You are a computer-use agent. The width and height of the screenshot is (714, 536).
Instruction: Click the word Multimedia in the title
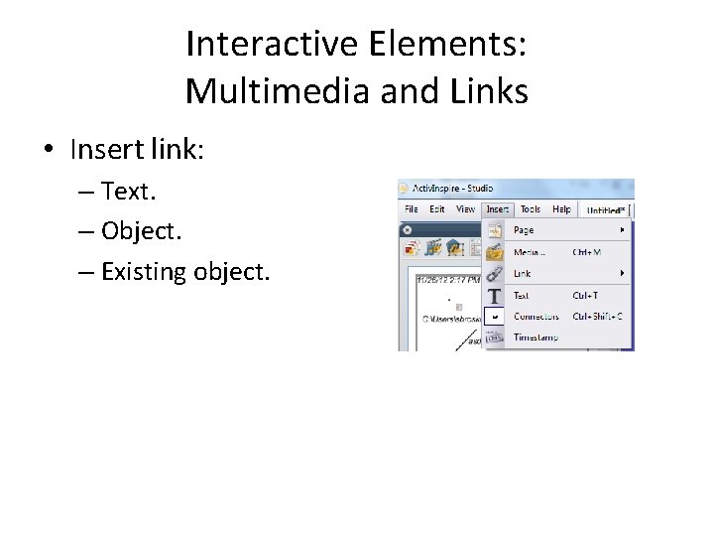click(x=257, y=91)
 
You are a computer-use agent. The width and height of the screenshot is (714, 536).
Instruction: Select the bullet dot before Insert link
click(x=48, y=150)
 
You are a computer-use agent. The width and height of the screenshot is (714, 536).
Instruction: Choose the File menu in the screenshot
click(x=410, y=209)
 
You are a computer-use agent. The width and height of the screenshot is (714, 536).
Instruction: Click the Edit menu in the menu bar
click(x=437, y=209)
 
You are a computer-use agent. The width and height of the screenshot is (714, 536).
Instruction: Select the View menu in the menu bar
click(x=465, y=209)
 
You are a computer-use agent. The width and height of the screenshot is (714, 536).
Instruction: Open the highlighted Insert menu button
click(x=497, y=209)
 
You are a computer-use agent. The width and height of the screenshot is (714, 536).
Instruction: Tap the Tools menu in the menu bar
click(x=531, y=209)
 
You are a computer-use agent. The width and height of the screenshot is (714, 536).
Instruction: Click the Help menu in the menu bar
click(x=561, y=209)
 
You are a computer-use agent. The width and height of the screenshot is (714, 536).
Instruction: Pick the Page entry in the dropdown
click(x=523, y=230)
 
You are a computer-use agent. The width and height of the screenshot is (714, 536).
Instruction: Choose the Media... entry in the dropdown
click(x=529, y=252)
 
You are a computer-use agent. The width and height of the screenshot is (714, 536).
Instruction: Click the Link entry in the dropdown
click(x=522, y=273)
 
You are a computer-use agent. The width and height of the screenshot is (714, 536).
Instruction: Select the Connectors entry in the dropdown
click(x=535, y=317)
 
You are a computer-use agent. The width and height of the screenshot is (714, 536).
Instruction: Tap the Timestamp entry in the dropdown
click(x=535, y=337)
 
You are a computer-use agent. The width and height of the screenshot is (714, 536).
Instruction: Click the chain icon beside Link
click(x=494, y=273)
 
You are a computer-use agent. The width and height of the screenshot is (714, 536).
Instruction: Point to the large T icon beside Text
click(x=494, y=296)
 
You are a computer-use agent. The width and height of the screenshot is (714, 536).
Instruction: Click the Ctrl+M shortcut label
click(x=586, y=252)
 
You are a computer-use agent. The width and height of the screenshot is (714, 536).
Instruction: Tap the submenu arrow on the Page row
click(x=623, y=230)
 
